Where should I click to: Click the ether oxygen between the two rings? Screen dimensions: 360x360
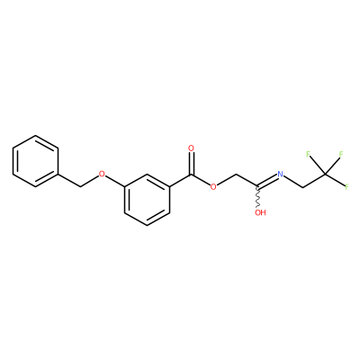(103, 174)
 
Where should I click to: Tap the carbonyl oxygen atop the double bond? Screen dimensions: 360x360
(191, 148)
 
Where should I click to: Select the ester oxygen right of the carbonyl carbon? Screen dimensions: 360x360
(213, 187)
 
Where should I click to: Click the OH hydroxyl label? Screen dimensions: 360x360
(260, 212)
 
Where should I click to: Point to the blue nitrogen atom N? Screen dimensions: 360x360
(280, 174)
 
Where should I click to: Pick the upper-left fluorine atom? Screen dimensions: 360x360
(308, 154)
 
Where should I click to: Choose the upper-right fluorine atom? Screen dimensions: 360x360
(341, 154)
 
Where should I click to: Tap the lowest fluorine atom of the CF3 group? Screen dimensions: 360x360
(346, 187)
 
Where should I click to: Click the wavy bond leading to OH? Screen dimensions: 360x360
(258, 197)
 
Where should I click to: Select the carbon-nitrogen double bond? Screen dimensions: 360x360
(267, 181)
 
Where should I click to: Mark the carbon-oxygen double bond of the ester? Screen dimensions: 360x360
(191, 163)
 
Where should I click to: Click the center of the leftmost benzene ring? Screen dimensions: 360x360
(36, 161)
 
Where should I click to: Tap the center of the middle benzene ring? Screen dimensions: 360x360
(147, 200)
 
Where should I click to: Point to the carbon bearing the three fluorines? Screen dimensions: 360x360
(325, 174)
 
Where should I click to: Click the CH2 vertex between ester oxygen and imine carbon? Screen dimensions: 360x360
(236, 175)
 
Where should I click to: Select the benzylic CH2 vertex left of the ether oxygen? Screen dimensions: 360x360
(80, 187)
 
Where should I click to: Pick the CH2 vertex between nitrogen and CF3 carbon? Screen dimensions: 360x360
(302, 187)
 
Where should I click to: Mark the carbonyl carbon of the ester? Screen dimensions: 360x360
(191, 175)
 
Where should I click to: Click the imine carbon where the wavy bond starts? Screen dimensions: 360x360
(258, 187)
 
